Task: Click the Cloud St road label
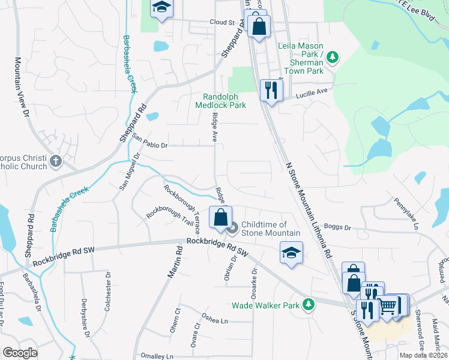point(221,22)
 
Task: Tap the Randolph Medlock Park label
point(221,101)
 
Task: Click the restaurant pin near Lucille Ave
point(271,90)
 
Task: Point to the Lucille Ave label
point(313,92)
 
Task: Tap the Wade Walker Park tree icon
point(309,305)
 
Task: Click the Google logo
point(20,353)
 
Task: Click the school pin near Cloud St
point(160,8)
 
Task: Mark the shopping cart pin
point(388,307)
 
